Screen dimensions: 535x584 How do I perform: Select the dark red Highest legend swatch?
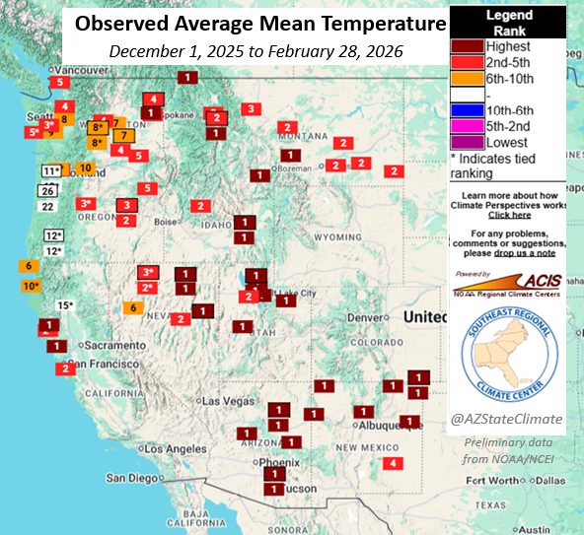[470, 46]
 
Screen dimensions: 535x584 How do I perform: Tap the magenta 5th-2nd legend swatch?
[470, 126]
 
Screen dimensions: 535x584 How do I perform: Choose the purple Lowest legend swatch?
[470, 142]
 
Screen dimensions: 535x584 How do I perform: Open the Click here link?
[509, 214]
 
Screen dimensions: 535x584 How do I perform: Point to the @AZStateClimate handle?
[507, 419]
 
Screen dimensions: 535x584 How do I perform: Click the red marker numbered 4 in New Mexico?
[394, 463]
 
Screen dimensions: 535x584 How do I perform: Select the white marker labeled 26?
[47, 190]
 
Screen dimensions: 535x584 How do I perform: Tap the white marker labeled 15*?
[65, 305]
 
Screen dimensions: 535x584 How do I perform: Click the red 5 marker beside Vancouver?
[60, 83]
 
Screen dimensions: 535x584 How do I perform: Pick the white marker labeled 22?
[47, 206]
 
